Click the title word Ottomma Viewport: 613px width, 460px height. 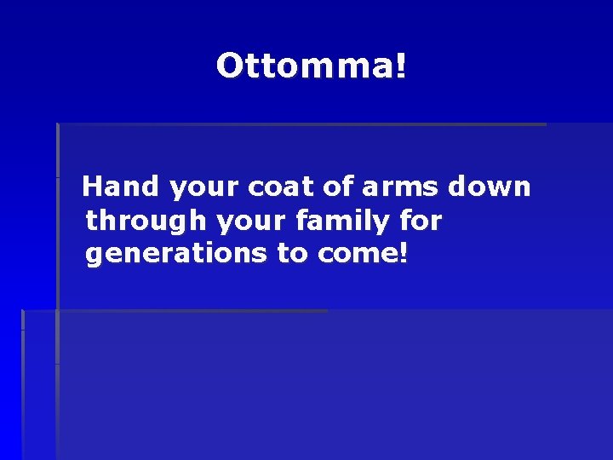306,66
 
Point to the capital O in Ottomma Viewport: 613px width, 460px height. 229,66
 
